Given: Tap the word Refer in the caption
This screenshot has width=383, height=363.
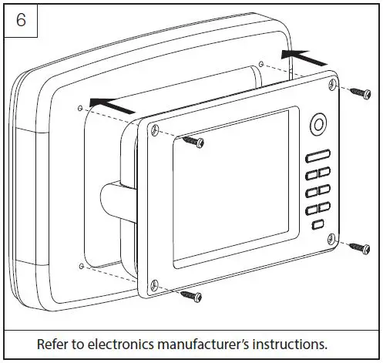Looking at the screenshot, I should pyautogui.click(x=54, y=344).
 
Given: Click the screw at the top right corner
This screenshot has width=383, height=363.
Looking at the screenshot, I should pyautogui.click(x=360, y=94).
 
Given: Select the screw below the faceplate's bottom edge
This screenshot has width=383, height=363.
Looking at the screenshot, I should pyautogui.click(x=191, y=296).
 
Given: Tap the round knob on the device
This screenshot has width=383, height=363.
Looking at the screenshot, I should pyautogui.click(x=317, y=123).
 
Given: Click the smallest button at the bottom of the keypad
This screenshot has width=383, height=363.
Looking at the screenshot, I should pyautogui.click(x=317, y=225).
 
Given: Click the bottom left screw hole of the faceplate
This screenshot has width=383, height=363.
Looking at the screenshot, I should pyautogui.click(x=154, y=283).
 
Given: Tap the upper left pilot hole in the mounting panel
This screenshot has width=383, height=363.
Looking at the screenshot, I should pyautogui.click(x=80, y=107).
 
